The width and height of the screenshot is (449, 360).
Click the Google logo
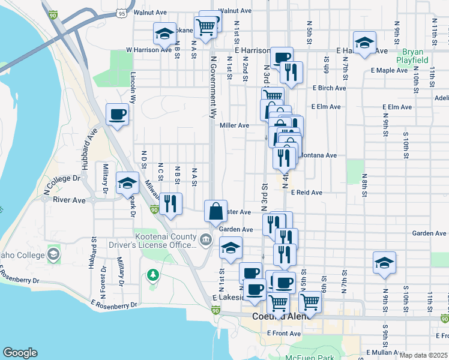[19, 353]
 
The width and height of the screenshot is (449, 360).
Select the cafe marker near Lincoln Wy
[118, 114]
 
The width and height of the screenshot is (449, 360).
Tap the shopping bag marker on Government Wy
[215, 211]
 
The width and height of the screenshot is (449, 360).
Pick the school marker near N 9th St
[384, 263]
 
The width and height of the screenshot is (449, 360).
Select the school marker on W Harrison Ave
[164, 34]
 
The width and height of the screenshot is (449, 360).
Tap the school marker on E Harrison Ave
[364, 43]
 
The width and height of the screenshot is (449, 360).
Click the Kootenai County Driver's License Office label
[153, 240]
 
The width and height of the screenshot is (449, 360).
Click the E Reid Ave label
[307, 193]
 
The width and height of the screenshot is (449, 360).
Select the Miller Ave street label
[234, 125]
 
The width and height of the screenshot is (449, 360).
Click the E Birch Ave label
[329, 88]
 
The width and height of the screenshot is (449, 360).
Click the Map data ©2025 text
[423, 355]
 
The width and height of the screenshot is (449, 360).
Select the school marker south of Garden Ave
[231, 248]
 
